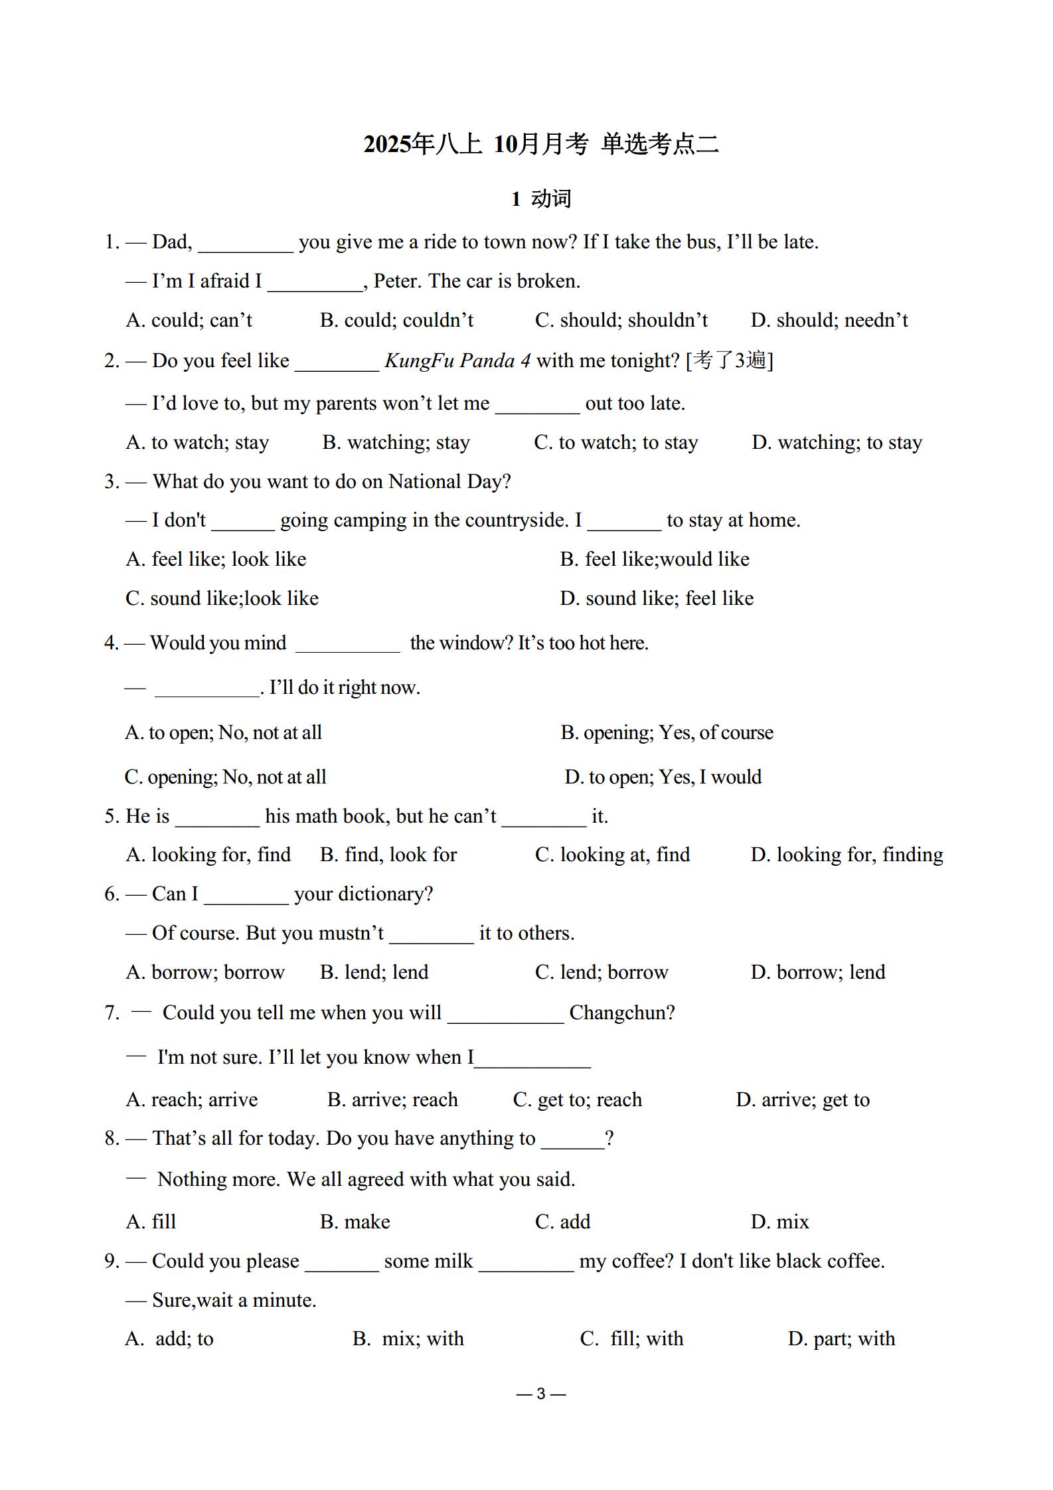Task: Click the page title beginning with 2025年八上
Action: coord(541,144)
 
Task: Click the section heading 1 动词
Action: coord(541,199)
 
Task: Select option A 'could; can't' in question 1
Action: coord(189,320)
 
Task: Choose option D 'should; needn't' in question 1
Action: coord(829,320)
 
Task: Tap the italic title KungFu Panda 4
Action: coord(457,361)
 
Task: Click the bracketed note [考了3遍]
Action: coord(729,361)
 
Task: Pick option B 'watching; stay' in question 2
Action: coord(396,442)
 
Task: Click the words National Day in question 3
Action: coord(449,481)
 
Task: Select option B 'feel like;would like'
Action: coord(655,559)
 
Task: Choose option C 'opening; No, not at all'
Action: coord(225,777)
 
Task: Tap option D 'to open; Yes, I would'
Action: coord(663,777)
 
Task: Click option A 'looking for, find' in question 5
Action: coord(208,855)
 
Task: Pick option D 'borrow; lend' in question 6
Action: coord(818,972)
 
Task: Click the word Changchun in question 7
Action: coord(621,1013)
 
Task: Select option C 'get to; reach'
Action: coord(578,1100)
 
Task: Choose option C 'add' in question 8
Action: coord(562,1222)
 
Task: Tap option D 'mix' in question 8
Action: coord(780,1222)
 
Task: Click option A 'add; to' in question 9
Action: coord(169,1339)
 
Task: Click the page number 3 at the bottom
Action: coord(540,1394)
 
